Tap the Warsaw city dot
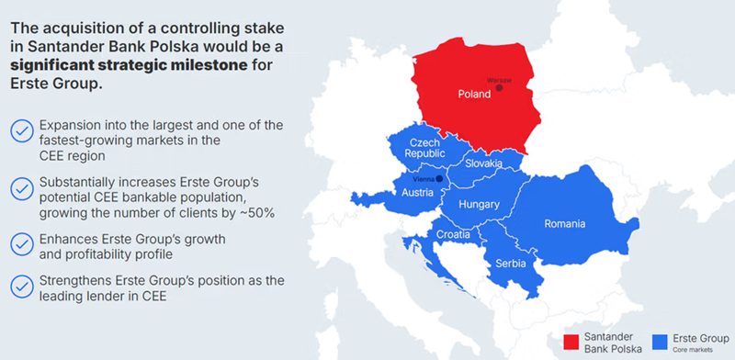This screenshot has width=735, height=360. (499, 88)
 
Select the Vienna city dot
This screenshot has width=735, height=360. (440, 178)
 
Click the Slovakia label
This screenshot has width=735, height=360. (484, 163)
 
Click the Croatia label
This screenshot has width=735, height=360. (452, 234)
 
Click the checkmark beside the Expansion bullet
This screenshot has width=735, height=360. (20, 131)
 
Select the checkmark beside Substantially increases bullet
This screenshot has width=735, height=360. (20, 189)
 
